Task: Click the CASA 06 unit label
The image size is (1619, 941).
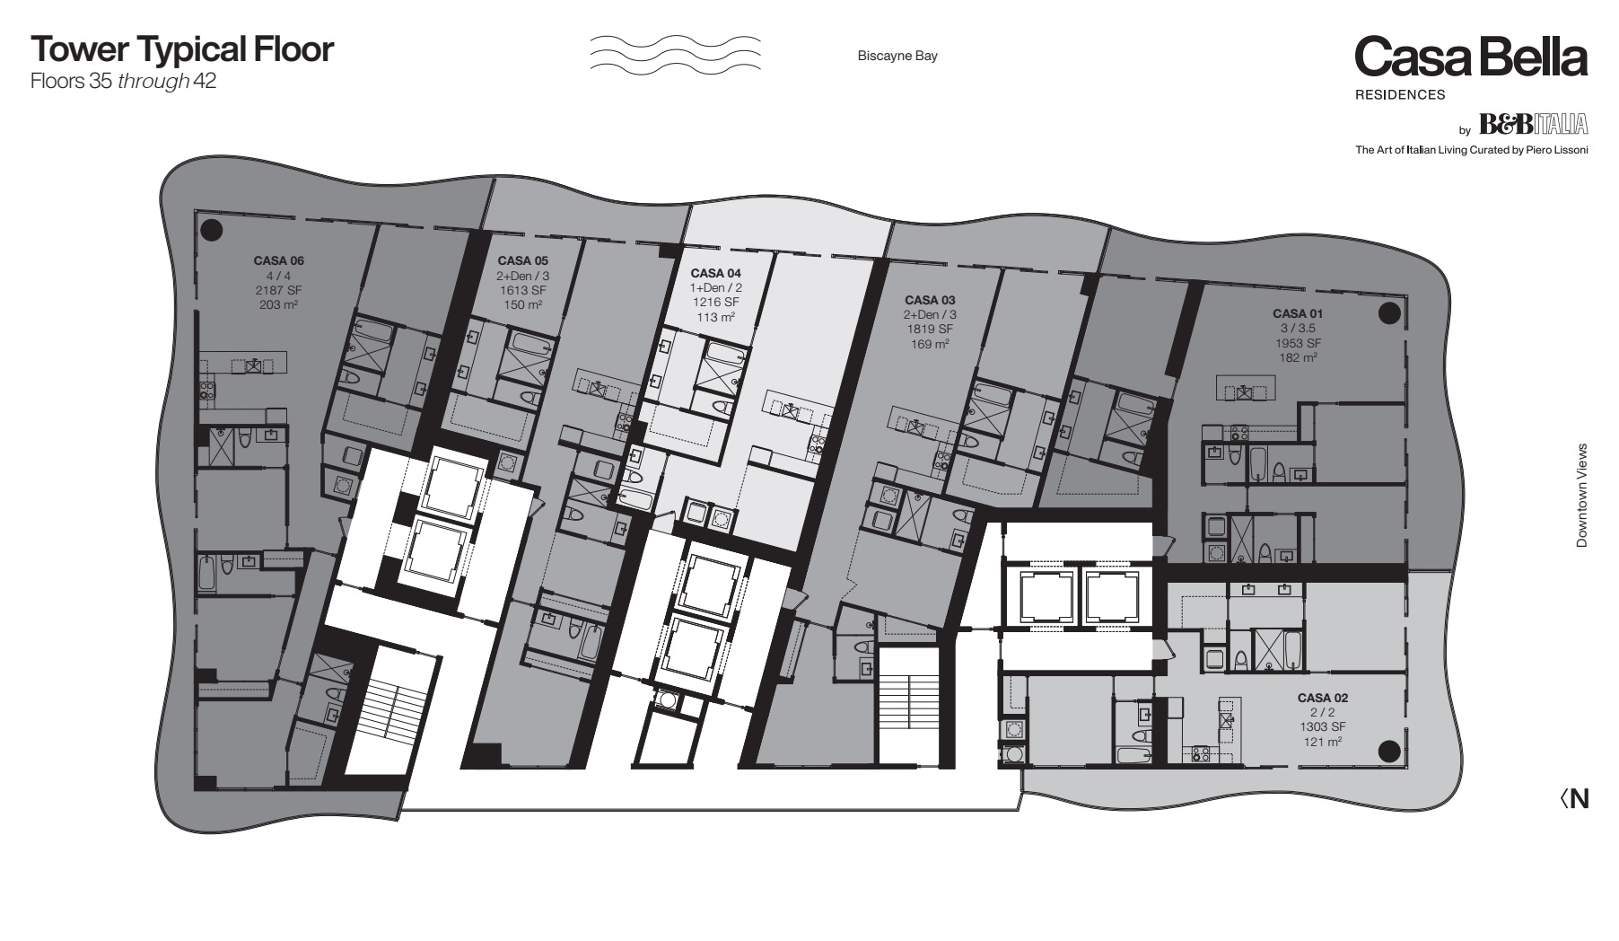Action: point(279,261)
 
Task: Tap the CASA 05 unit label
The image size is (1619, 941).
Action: point(522,261)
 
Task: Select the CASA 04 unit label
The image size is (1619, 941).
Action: point(715,273)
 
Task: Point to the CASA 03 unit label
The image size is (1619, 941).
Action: point(930,300)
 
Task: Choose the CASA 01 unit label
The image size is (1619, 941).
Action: point(1298,314)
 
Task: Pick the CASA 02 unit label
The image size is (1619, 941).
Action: point(1323,698)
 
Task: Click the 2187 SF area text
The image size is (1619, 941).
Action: point(279,290)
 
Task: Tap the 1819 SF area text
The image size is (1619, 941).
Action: point(930,329)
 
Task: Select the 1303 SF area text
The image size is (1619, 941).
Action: point(1323,726)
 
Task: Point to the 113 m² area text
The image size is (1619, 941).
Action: point(715,316)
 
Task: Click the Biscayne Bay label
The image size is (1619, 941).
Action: point(897,56)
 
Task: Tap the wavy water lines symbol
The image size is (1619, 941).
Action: point(675,54)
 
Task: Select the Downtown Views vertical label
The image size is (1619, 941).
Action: point(1581,496)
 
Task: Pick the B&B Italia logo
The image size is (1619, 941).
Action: point(1533,124)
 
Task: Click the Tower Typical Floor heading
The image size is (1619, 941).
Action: point(182,49)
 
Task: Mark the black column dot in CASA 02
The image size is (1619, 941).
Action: point(1389,752)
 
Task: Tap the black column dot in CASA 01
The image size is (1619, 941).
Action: point(1389,312)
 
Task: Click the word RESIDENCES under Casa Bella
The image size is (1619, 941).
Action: point(1400,94)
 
